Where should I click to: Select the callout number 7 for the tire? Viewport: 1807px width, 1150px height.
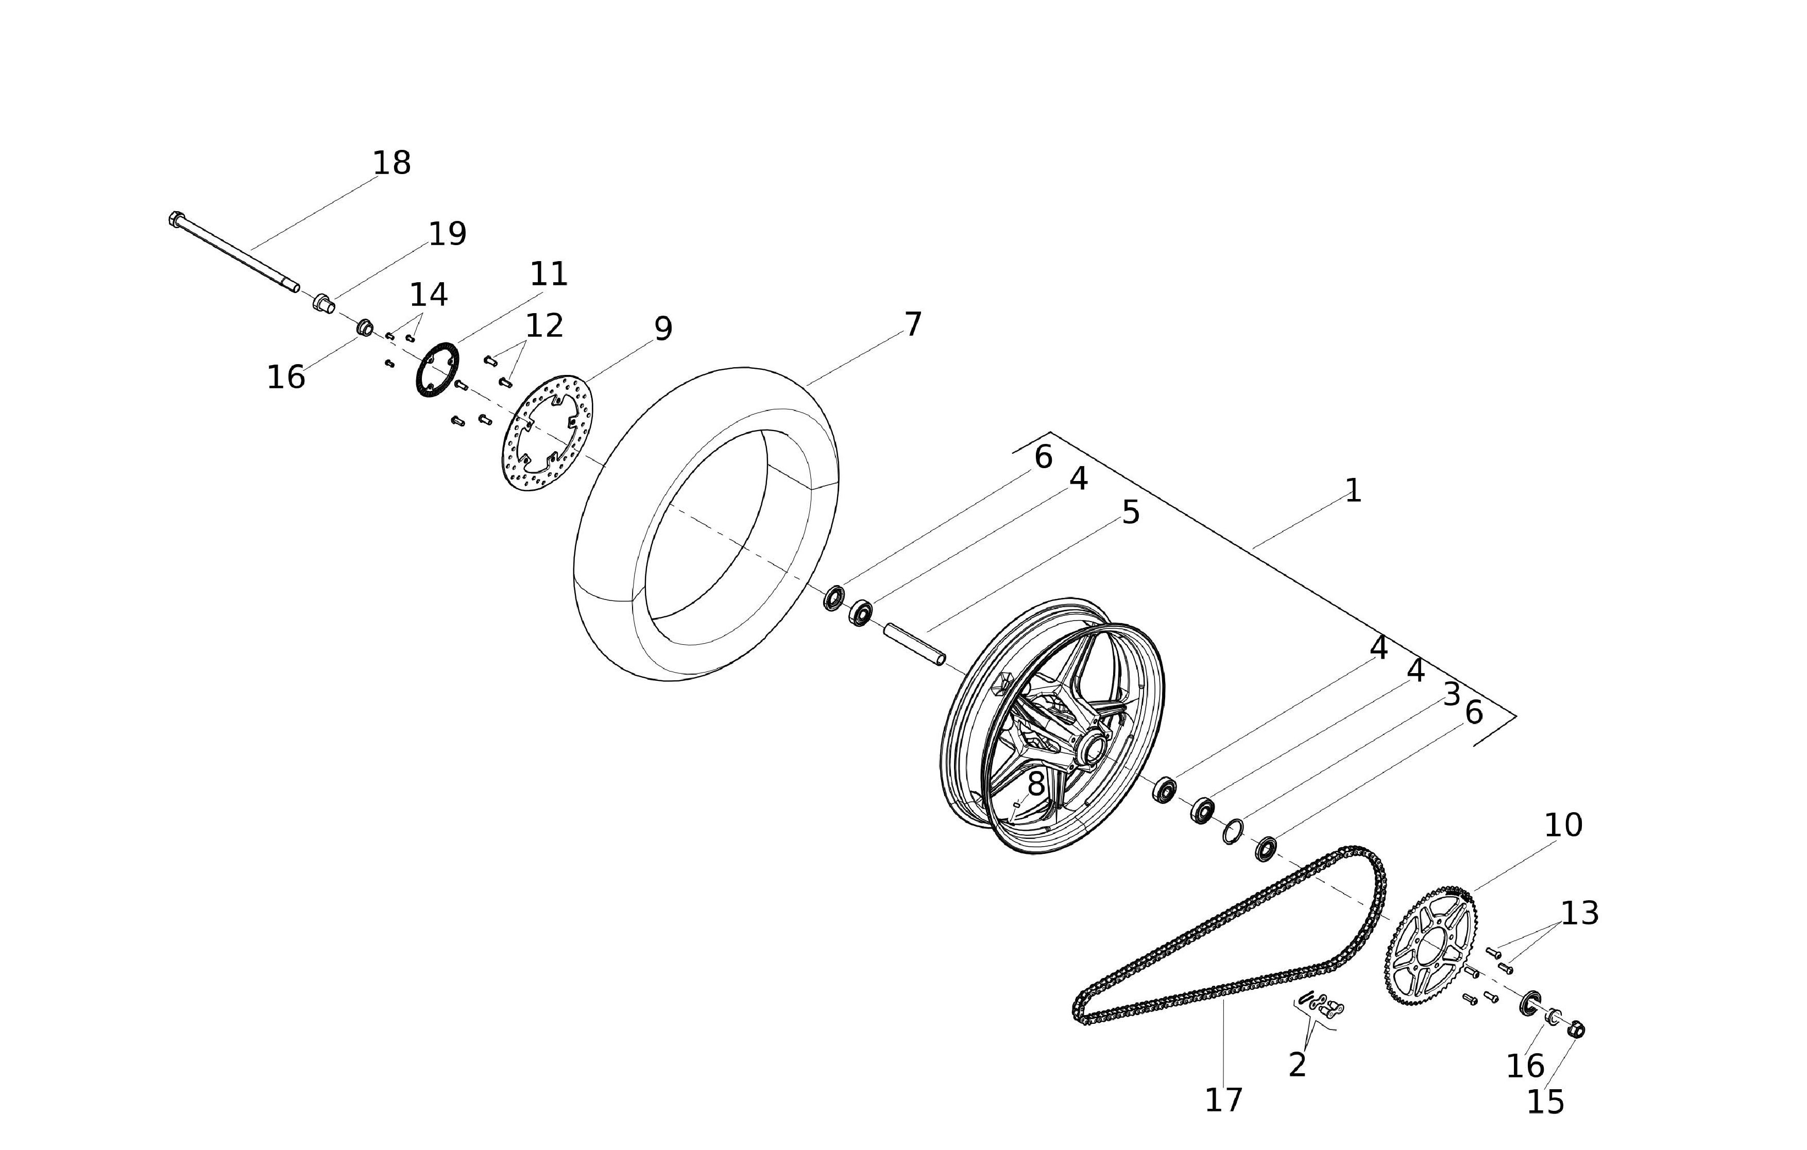[912, 325]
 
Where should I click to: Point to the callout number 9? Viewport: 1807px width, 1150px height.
[662, 329]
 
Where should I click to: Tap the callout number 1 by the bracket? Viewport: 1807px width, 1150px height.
[1353, 491]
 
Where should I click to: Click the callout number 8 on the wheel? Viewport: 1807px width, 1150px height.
[1035, 785]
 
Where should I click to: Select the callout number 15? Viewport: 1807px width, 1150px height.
[1545, 1103]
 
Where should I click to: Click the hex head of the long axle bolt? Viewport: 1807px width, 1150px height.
[176, 219]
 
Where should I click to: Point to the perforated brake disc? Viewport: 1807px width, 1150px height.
[547, 434]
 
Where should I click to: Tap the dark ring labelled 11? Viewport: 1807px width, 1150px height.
[437, 369]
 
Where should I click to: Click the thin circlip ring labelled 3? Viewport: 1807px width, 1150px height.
[1232, 831]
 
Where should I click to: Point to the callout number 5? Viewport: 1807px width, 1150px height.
[1130, 513]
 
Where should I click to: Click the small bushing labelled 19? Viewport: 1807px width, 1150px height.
[323, 304]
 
